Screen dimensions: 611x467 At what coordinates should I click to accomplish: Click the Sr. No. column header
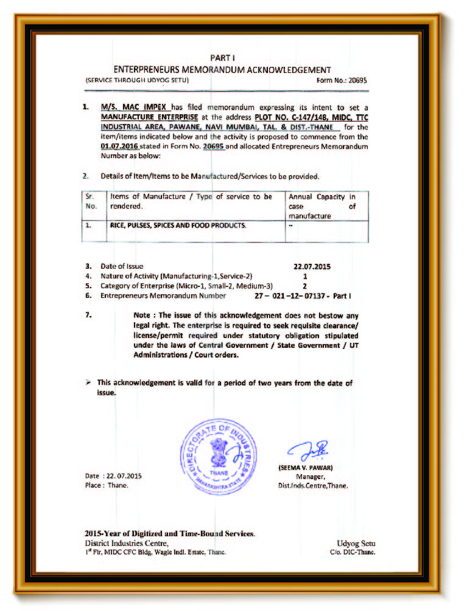point(89,201)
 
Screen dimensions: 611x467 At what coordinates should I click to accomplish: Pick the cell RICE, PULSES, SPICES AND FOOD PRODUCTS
point(178,226)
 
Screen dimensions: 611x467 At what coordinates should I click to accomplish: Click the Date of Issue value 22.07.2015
point(312,266)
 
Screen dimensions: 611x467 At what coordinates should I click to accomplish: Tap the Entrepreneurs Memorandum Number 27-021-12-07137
point(303,296)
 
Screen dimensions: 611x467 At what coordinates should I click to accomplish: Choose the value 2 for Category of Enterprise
point(304,286)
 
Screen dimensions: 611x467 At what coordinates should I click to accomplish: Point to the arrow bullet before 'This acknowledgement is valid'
point(88,383)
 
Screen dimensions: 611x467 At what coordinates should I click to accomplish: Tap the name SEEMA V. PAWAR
point(305,469)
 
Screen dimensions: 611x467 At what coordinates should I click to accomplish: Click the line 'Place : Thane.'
point(107,486)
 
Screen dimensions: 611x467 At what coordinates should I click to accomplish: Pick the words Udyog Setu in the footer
point(356,543)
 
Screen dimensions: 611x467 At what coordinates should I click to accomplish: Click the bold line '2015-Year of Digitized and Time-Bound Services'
point(170,533)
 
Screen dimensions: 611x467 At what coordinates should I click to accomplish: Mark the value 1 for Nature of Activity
point(304,276)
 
